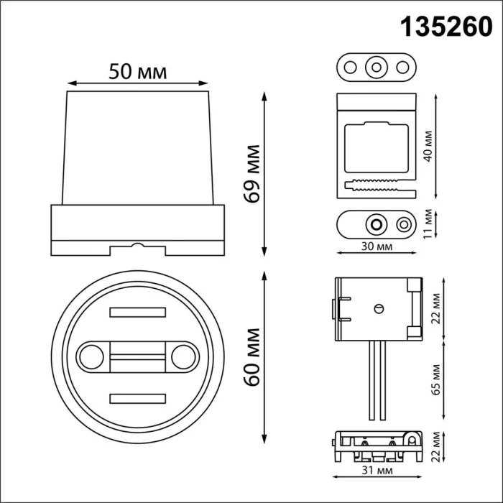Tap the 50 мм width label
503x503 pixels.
click(137, 72)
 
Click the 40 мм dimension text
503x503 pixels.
click(428, 147)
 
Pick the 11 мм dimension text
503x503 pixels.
click(428, 223)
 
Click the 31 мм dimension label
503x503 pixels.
click(375, 471)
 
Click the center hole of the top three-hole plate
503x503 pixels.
click(375, 68)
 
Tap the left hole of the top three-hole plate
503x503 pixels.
click(351, 68)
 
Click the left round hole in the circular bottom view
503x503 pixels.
click(91, 355)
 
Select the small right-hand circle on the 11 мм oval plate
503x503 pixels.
click(403, 225)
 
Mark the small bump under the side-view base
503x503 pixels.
click(137, 246)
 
